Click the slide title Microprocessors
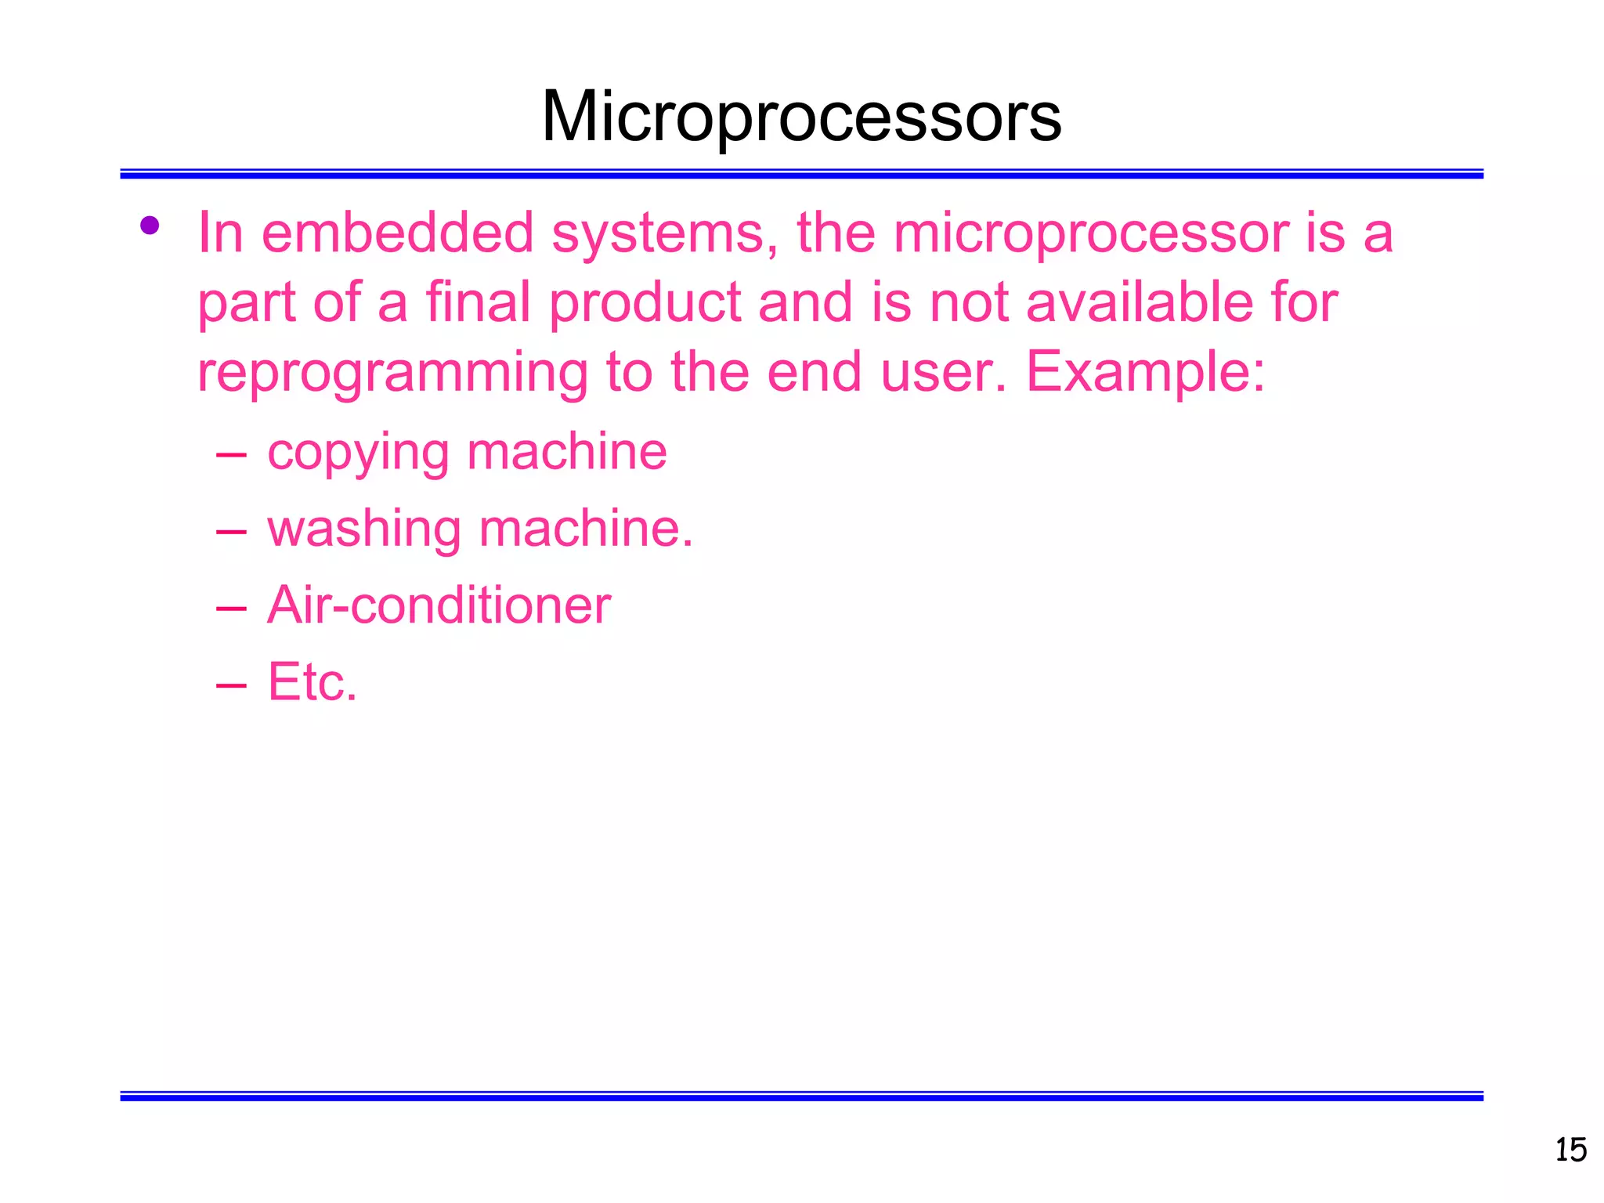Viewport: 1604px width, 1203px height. tap(801, 117)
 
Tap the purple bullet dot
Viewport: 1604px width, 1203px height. tap(150, 226)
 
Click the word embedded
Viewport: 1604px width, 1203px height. tap(397, 233)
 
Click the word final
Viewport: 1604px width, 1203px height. tap(479, 302)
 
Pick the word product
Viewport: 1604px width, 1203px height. tap(645, 304)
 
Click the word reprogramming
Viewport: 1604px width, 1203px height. tap(392, 374)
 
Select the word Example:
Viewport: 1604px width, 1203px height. tap(1145, 374)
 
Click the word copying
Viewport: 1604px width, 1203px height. tap(358, 453)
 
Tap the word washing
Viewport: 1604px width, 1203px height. tap(364, 530)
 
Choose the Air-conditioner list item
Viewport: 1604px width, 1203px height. tap(439, 605)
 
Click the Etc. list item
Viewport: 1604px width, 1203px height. tap(312, 682)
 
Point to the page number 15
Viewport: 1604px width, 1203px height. tap(1570, 1151)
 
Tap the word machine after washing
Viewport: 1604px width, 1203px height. tap(585, 529)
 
